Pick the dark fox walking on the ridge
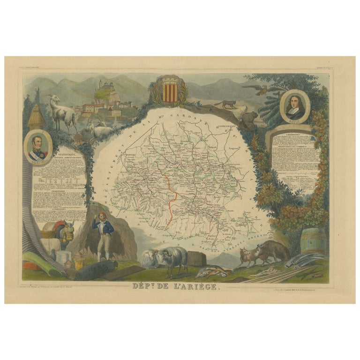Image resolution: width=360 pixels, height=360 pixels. [x=226, y=104]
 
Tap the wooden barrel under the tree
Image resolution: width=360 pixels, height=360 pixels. [x=313, y=241]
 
